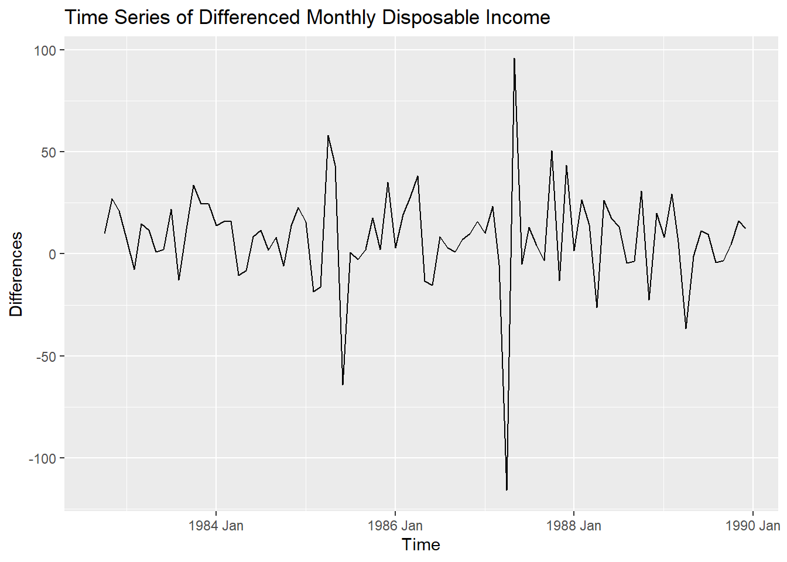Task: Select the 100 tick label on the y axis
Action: pyautogui.click(x=45, y=50)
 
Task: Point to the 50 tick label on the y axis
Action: pyautogui.click(x=48, y=152)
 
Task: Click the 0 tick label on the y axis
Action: pyautogui.click(x=52, y=254)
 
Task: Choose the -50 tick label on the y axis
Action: pyautogui.click(x=45, y=356)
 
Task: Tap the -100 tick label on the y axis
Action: pyautogui.click(x=42, y=458)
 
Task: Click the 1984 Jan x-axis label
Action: pyautogui.click(x=216, y=526)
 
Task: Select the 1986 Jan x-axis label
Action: pyautogui.click(x=395, y=526)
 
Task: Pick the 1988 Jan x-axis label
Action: pyautogui.click(x=573, y=526)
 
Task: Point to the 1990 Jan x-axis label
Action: pyautogui.click(x=752, y=526)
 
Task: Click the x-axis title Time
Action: pyautogui.click(x=421, y=544)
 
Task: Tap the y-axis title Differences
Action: pyautogui.click(x=16, y=274)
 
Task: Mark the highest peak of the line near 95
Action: pyautogui.click(x=514, y=59)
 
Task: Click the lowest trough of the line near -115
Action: pyautogui.click(x=507, y=489)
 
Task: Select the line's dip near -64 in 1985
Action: pyautogui.click(x=343, y=385)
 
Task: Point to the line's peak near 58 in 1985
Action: pyautogui.click(x=328, y=136)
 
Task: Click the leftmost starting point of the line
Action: pyautogui.click(x=105, y=233)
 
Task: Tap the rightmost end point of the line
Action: pyautogui.click(x=745, y=228)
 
